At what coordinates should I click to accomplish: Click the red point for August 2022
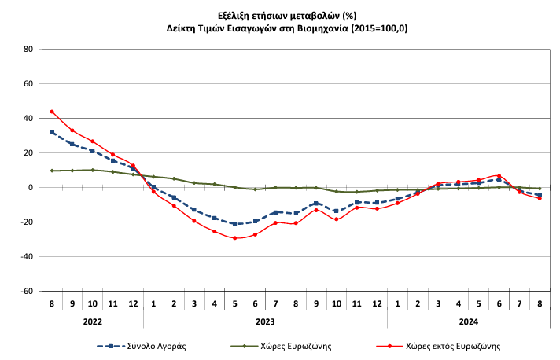(x=52, y=112)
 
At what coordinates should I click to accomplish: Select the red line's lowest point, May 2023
(x=234, y=237)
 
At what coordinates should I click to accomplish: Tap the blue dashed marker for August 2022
(x=52, y=133)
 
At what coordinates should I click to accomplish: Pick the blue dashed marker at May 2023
(x=234, y=223)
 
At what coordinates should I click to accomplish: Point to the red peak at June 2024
(x=499, y=175)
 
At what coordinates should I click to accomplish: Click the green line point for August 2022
(x=52, y=171)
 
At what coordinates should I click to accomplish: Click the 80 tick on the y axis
(x=28, y=49)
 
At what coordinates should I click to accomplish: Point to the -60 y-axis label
(x=26, y=291)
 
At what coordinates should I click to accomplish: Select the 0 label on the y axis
(x=31, y=187)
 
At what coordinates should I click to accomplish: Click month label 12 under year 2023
(x=377, y=303)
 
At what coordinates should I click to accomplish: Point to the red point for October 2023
(x=336, y=219)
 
